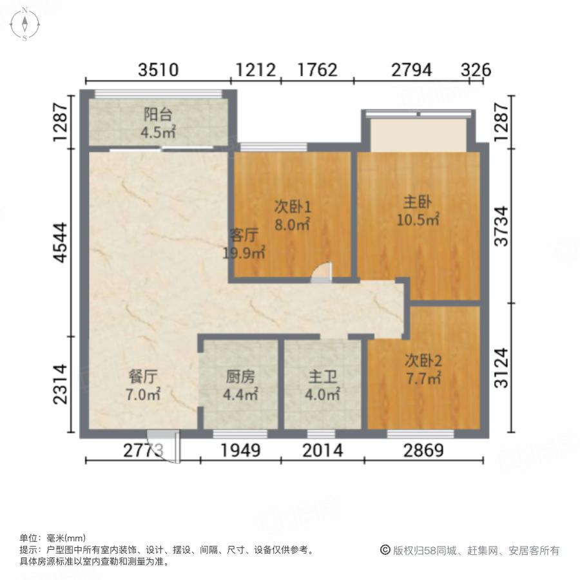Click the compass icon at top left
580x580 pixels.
[24, 24]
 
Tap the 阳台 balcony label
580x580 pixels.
[158, 115]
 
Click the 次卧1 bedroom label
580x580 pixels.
[293, 208]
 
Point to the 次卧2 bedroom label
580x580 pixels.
[423, 361]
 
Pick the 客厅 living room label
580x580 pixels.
[244, 235]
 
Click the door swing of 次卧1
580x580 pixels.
[322, 273]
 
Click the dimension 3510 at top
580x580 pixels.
[159, 70]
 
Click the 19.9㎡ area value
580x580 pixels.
[244, 252]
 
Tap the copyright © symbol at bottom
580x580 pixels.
[385, 550]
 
